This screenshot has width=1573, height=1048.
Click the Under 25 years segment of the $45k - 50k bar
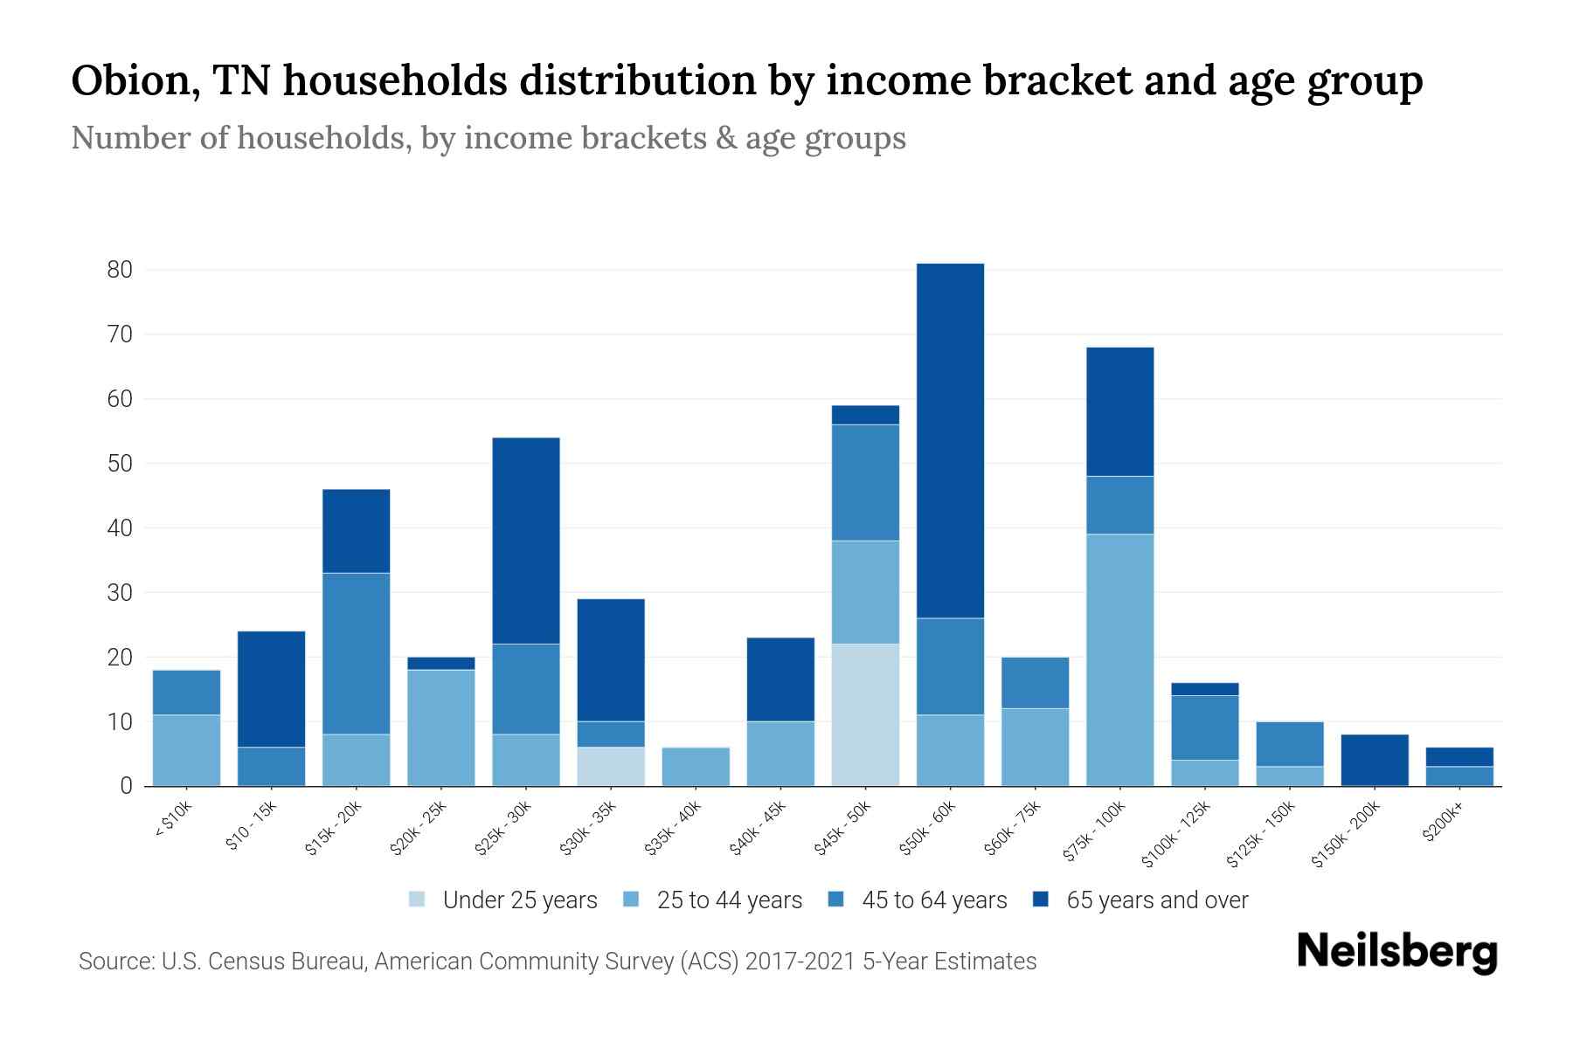coord(865,714)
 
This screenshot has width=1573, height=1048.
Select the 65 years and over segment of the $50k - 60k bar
coord(950,440)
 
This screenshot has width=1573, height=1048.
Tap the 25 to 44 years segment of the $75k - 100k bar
coord(1119,659)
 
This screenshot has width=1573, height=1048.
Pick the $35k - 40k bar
coord(696,767)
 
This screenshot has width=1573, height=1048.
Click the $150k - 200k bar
coord(1375,760)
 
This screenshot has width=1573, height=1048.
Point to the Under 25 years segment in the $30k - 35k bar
coord(611,767)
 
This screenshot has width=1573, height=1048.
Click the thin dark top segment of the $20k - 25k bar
coord(441,664)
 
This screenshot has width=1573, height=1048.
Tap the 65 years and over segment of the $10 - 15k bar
coord(271,689)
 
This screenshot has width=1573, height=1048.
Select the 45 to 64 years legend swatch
coord(836,900)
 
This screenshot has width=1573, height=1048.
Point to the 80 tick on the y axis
coord(120,270)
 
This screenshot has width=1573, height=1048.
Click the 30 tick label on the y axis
coord(120,593)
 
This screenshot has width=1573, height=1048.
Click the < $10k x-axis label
coord(173,821)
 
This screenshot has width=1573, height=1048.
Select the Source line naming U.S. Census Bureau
coord(557,962)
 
